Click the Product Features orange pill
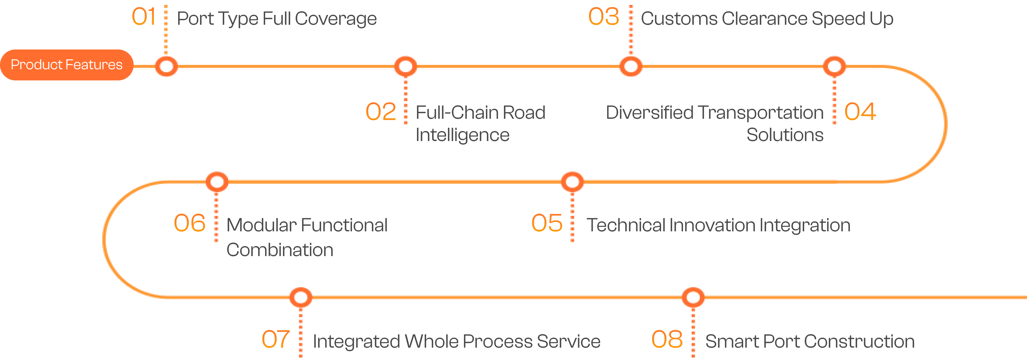point(67,65)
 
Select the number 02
point(381,112)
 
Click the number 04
point(860,112)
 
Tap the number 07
point(276,339)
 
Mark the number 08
point(667,339)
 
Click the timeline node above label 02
point(406,66)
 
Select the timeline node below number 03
point(631,66)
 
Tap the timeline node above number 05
point(573,182)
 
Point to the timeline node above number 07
point(301,298)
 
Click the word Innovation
point(711,225)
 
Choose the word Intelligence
point(462,135)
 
